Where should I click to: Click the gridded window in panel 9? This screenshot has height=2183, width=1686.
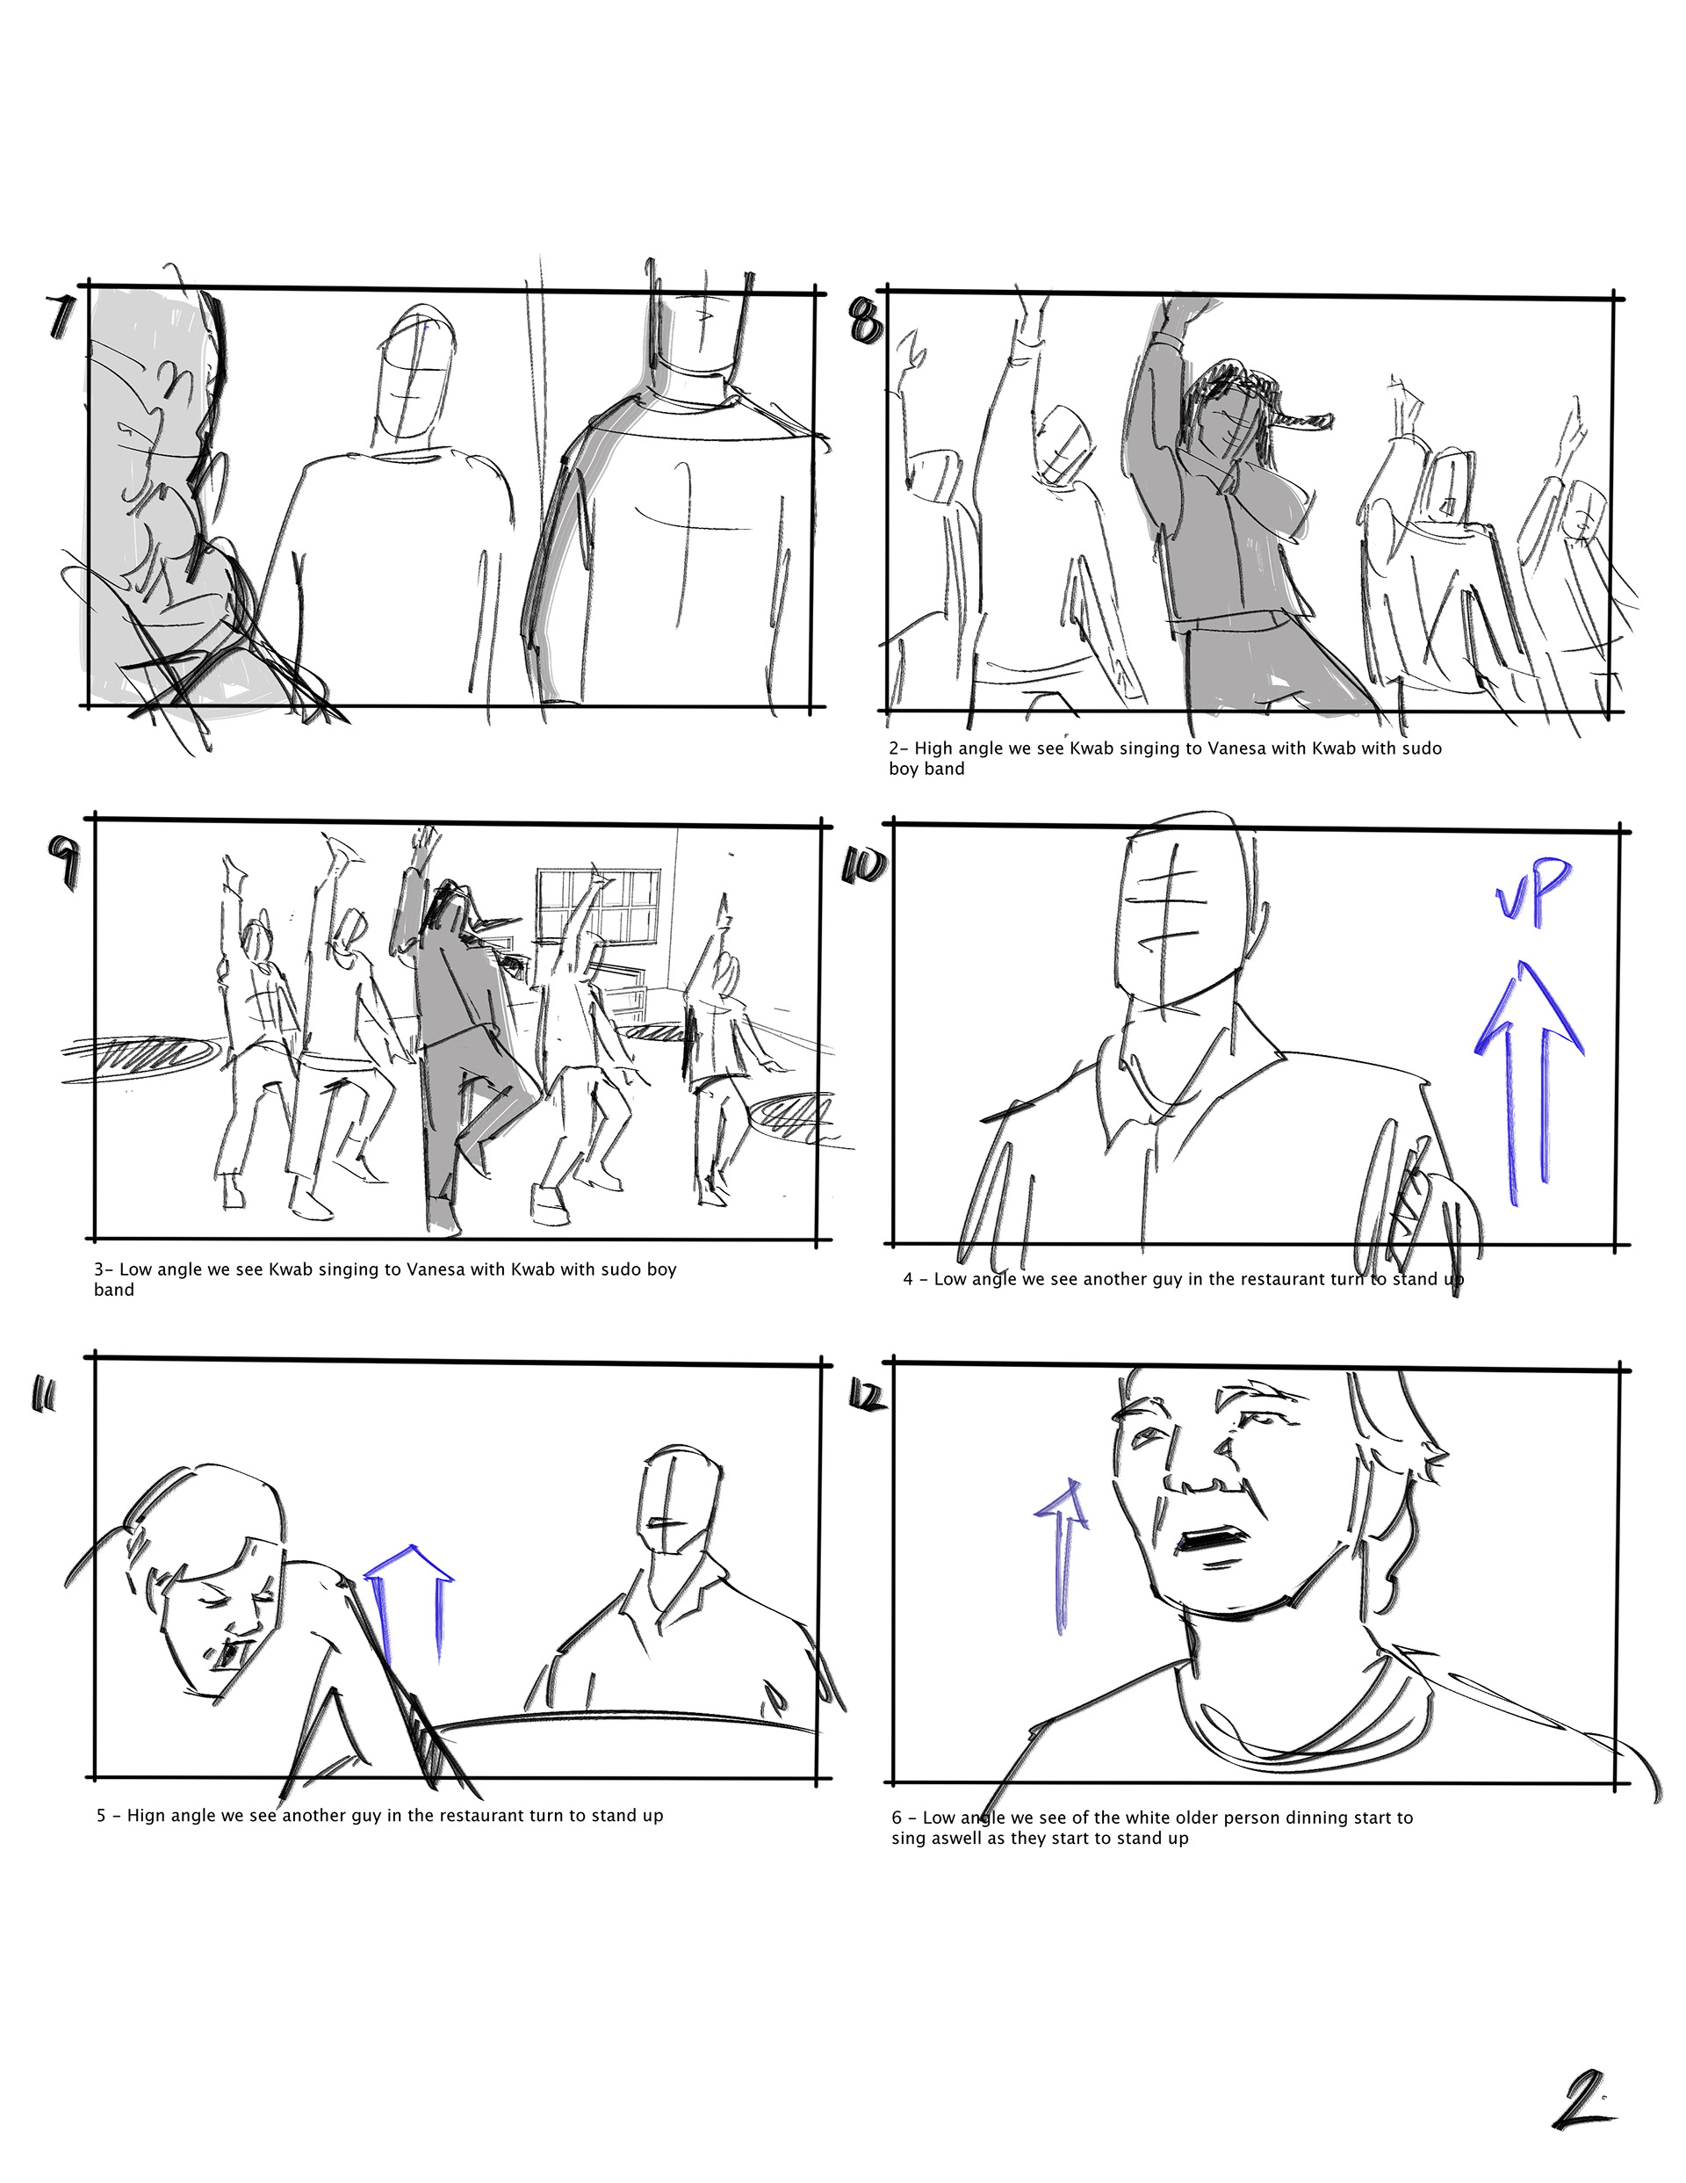pos(599,907)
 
